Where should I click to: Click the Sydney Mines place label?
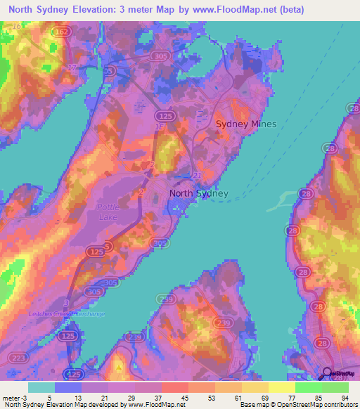(246, 124)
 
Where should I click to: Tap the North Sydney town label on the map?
(199, 194)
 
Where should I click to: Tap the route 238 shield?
(134, 337)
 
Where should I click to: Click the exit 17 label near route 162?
(71, 67)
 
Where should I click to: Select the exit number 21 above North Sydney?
(198, 174)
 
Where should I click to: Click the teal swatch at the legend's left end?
(41, 387)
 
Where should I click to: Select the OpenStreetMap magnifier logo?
(328, 375)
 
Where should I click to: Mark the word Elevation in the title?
(103, 10)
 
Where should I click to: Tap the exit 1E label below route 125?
(159, 126)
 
